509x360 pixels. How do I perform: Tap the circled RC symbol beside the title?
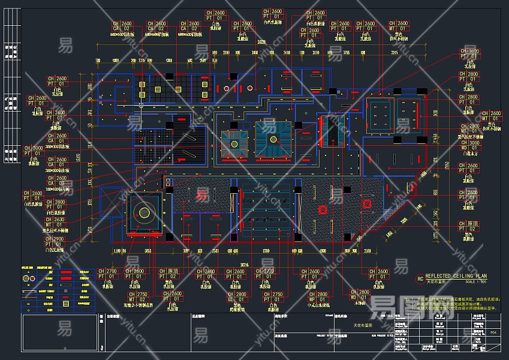coord(420,278)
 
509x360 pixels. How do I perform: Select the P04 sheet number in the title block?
coord(493,331)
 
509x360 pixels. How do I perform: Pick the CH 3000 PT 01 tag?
coord(34,151)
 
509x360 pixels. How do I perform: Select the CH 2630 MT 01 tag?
coord(56,221)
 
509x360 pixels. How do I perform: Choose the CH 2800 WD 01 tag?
coord(360,293)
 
